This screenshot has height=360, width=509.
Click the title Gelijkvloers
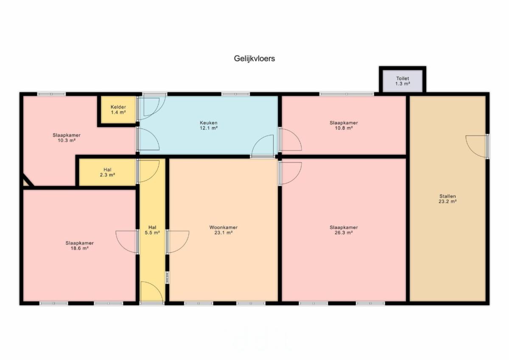(x=254, y=59)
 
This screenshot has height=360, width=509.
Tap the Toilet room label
(x=403, y=78)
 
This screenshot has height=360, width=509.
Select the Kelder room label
(x=118, y=107)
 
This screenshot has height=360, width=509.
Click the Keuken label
(x=209, y=123)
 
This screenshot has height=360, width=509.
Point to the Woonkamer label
(x=224, y=227)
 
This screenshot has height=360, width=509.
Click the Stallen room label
(x=447, y=196)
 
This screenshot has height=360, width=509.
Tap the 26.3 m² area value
(x=344, y=233)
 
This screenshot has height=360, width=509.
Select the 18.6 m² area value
(x=80, y=248)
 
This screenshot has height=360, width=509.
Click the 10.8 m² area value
(x=344, y=128)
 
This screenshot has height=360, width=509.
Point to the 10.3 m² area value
(x=66, y=140)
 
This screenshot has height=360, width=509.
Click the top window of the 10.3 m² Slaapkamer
(x=51, y=94)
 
